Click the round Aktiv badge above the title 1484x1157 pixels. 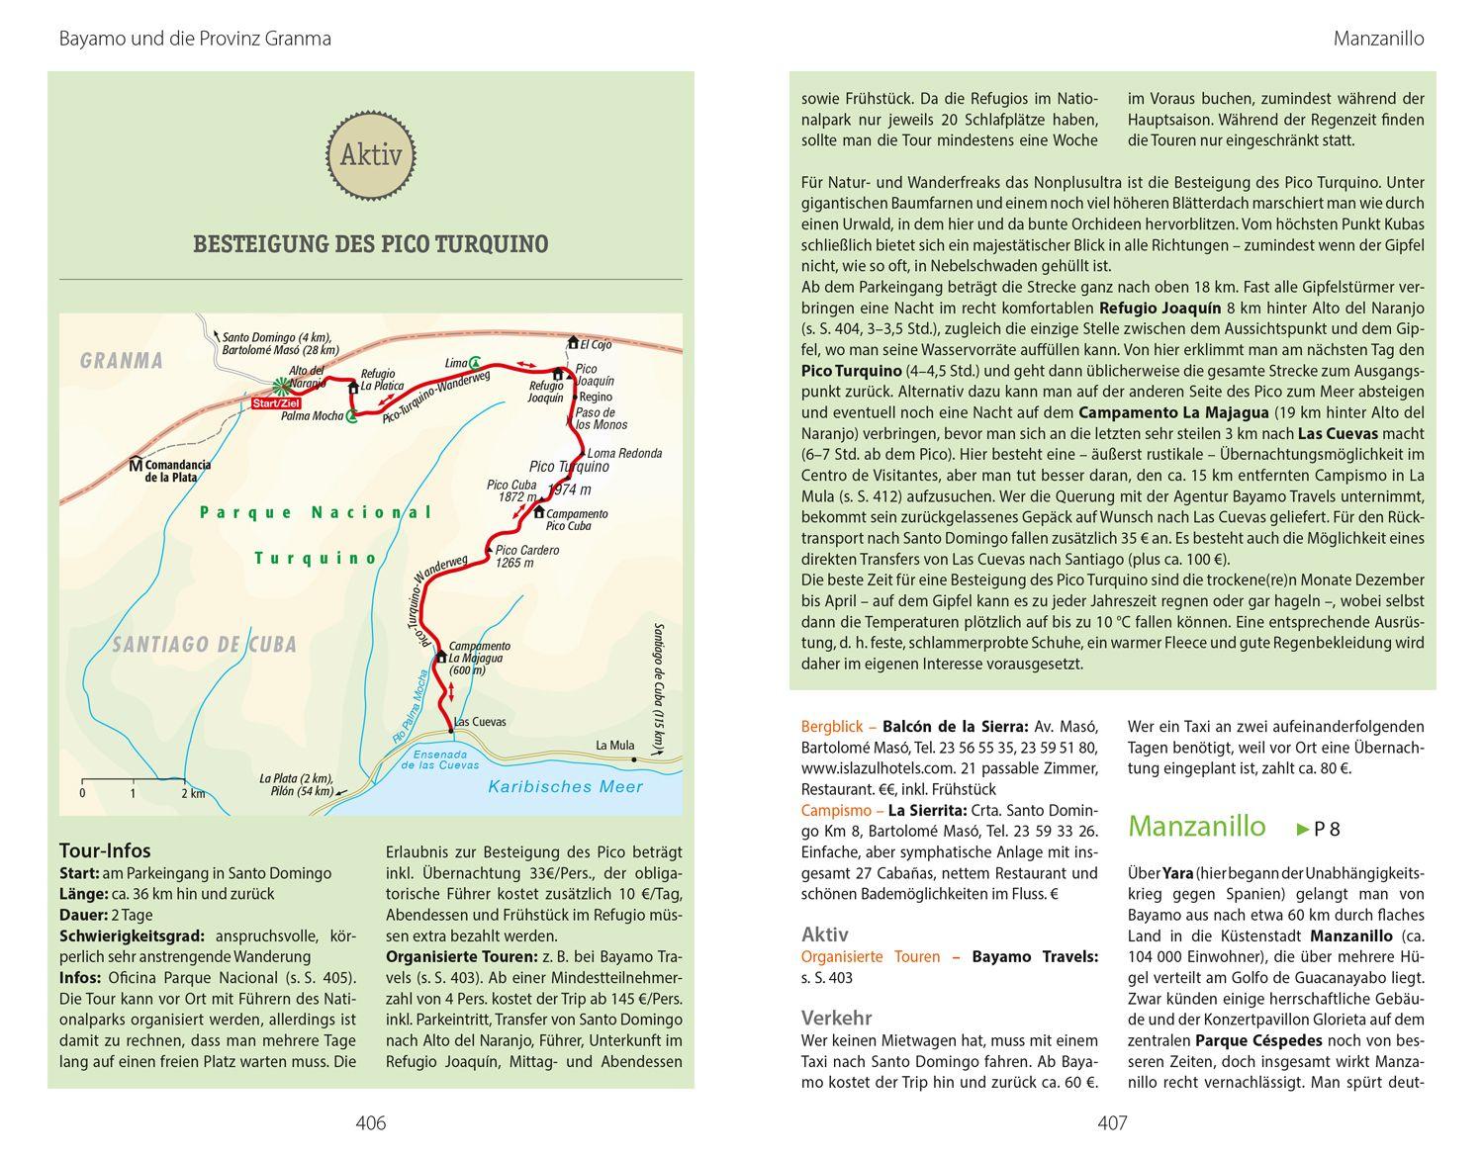(371, 155)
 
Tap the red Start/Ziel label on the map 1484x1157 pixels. (276, 403)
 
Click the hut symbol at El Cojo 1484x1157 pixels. (572, 343)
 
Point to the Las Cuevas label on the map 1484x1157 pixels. (480, 722)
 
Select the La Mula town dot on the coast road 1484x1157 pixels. (634, 759)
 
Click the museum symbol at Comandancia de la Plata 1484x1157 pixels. (136, 464)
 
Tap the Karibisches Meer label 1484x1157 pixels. (566, 787)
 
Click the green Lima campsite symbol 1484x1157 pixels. (476, 362)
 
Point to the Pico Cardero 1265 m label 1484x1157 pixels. (526, 556)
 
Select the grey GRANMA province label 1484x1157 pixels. (122, 361)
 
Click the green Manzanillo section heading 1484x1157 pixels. (1196, 826)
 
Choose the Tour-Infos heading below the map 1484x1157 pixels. (105, 850)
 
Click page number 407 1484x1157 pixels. (1112, 1123)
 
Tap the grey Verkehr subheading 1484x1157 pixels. (837, 1018)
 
